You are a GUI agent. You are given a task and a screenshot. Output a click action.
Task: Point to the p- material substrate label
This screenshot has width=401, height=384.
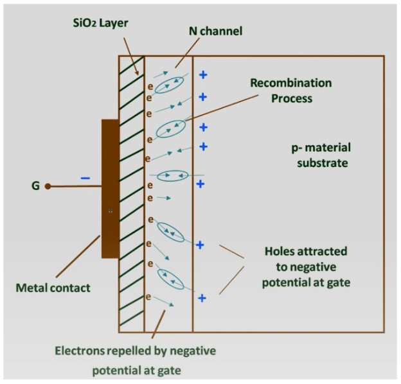[319, 155]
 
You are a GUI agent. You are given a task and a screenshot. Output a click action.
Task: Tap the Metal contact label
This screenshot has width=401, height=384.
[53, 288]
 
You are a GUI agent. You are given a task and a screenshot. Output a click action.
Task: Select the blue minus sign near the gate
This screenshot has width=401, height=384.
[84, 177]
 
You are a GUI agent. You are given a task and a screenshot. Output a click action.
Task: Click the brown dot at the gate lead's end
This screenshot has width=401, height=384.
[48, 187]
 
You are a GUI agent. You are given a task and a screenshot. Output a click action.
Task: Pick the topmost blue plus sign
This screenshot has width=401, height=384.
[202, 74]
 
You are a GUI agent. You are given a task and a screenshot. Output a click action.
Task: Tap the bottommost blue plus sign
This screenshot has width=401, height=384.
[202, 298]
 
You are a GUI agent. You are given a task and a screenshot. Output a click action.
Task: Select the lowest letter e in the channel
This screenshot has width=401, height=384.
[148, 297]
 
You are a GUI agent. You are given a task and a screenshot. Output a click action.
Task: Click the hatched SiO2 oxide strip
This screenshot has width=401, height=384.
[131, 193]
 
